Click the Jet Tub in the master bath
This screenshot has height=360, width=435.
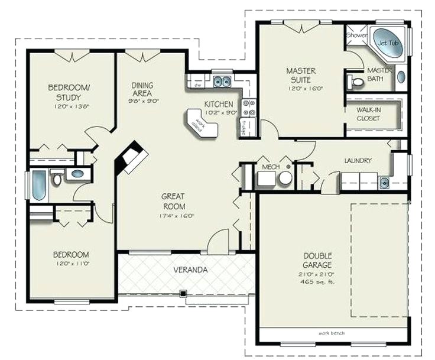pyautogui.click(x=388, y=43)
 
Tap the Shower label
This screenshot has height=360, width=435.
pyautogui.click(x=357, y=35)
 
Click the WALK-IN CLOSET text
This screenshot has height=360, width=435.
pyautogui.click(x=369, y=114)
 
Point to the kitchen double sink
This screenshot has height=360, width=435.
pyautogui.click(x=222, y=81)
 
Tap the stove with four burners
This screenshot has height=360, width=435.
pyautogui.click(x=249, y=108)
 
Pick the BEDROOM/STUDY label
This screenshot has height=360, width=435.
pyautogui.click(x=69, y=92)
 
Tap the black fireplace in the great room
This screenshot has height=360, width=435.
pyautogui.click(x=131, y=158)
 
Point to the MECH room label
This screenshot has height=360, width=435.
pyautogui.click(x=270, y=168)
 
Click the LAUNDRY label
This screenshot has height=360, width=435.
pyautogui.click(x=358, y=160)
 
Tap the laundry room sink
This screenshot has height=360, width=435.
pyautogui.click(x=384, y=181)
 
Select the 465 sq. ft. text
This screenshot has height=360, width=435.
pyautogui.click(x=317, y=281)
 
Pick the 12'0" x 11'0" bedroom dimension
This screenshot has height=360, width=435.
pyautogui.click(x=71, y=264)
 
